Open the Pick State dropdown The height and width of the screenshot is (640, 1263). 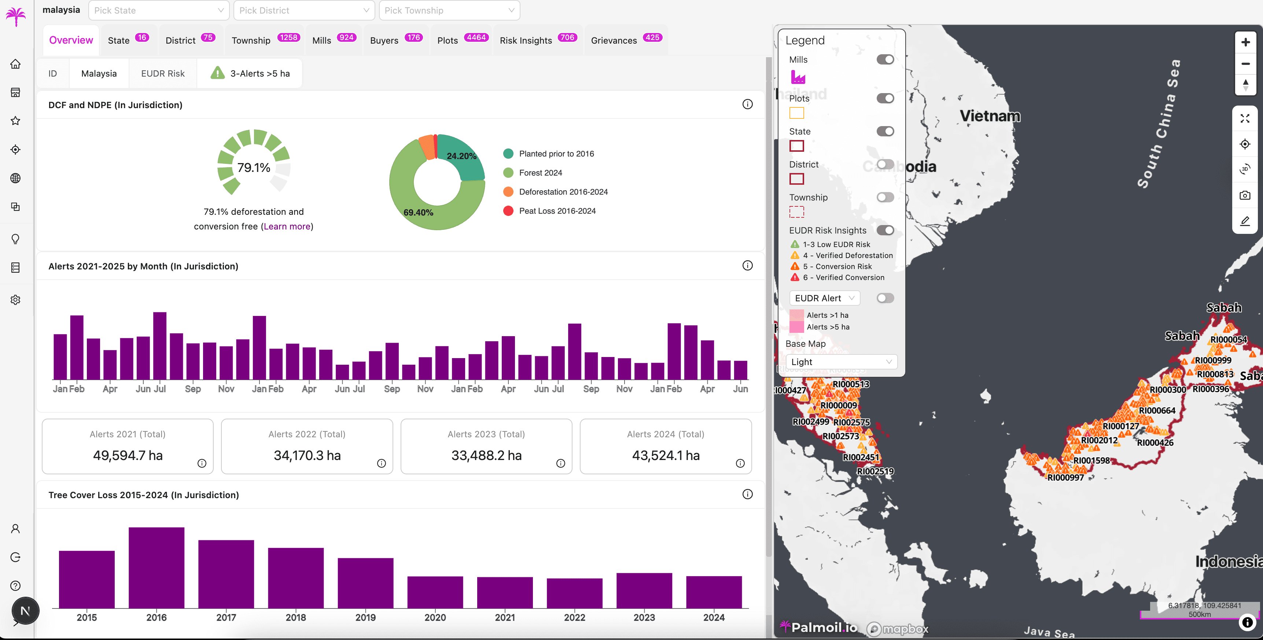click(158, 10)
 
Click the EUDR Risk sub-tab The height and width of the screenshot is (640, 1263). click(163, 74)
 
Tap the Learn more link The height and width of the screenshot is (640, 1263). click(287, 226)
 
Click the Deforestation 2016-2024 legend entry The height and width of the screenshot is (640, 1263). click(563, 192)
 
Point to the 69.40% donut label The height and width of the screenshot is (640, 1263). click(418, 212)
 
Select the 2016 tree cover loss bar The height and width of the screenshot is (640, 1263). click(157, 567)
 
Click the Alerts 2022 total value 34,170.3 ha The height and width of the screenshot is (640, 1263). click(307, 455)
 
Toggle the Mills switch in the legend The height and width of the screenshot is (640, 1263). click(885, 59)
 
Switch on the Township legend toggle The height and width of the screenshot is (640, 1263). click(885, 197)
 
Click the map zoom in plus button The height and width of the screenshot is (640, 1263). click(1245, 42)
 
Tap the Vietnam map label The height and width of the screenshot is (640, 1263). click(990, 116)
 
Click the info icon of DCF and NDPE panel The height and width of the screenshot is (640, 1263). click(747, 104)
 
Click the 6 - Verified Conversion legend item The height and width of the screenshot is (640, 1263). click(843, 277)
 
